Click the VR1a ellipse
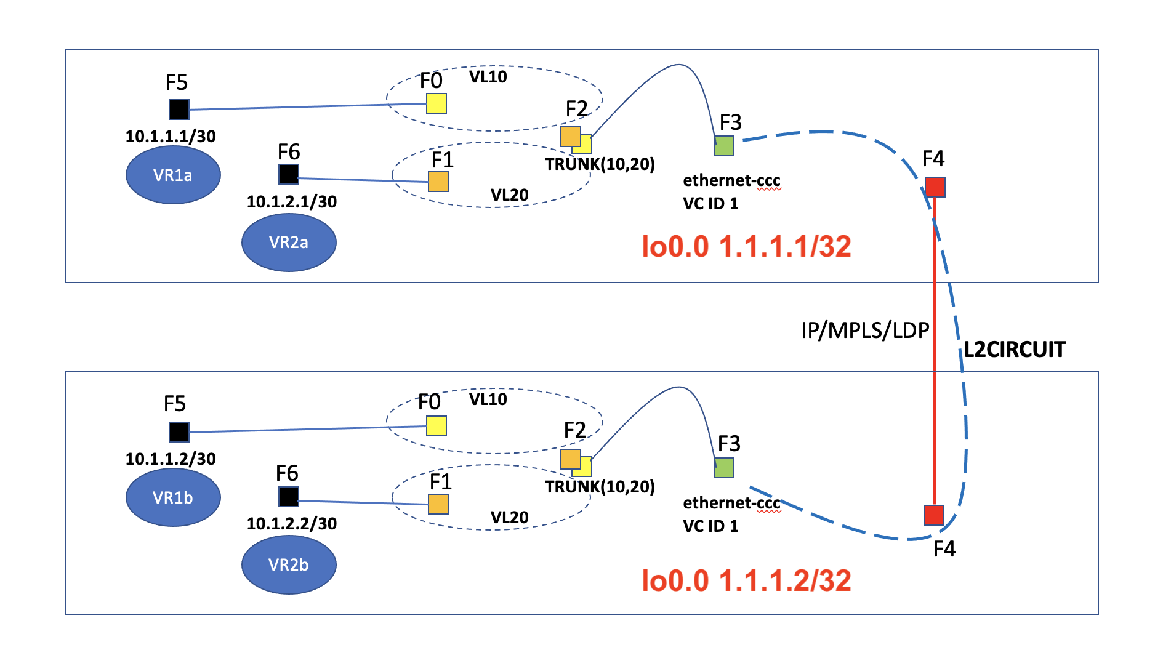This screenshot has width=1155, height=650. [173, 175]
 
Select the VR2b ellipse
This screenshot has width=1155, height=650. [289, 564]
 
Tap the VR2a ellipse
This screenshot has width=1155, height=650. [289, 242]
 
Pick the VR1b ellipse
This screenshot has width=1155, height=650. [173, 497]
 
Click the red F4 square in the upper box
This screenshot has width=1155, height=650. [935, 187]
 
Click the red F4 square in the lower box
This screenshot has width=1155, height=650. [934, 515]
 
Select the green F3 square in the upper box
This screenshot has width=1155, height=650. [724, 146]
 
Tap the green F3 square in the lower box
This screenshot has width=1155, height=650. [724, 468]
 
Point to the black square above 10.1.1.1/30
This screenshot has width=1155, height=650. [179, 110]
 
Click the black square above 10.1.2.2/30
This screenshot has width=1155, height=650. [289, 496]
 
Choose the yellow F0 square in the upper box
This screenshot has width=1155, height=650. [437, 103]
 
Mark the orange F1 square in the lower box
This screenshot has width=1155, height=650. [438, 504]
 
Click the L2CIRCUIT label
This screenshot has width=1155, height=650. [1014, 350]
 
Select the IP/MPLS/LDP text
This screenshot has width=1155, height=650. [864, 331]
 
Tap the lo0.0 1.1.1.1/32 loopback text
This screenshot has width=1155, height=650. [746, 246]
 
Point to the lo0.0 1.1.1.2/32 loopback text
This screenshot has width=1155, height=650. [746, 580]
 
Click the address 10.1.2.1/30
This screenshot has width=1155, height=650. [292, 202]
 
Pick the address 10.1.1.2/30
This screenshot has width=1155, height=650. [171, 459]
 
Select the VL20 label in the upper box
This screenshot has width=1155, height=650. [509, 195]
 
